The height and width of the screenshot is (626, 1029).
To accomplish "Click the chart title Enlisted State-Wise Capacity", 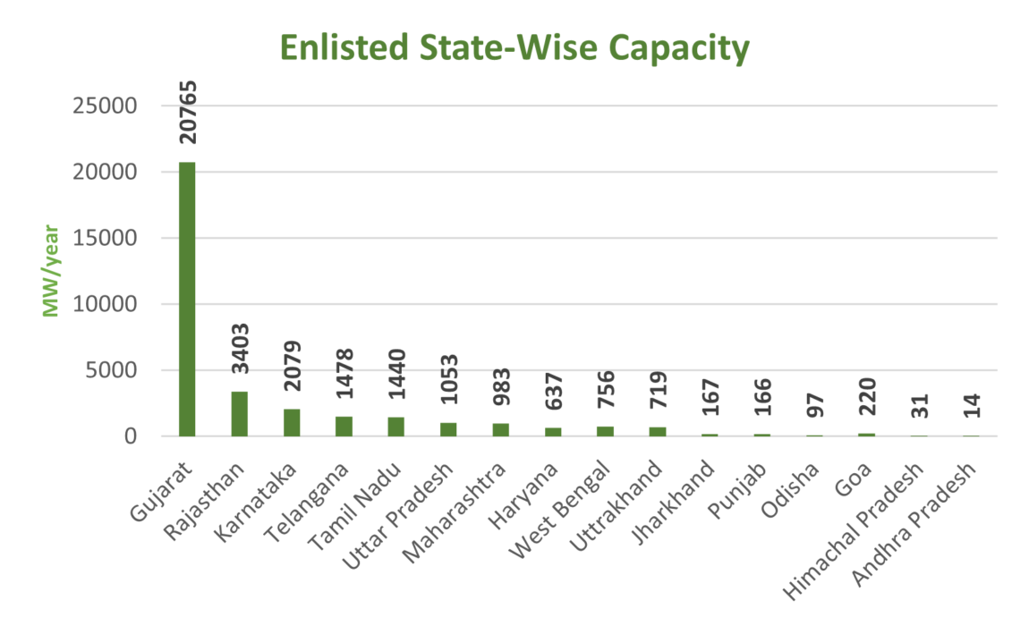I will click(514, 48).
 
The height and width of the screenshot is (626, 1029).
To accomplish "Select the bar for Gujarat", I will click(187, 300).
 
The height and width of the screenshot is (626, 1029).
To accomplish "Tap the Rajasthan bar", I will click(239, 414).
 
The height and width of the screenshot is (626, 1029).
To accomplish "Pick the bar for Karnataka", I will click(292, 422).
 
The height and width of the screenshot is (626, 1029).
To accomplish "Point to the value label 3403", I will click(240, 352).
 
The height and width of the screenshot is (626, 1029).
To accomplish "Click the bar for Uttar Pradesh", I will click(448, 429).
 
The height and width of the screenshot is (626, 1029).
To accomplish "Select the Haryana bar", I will click(553, 432).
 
